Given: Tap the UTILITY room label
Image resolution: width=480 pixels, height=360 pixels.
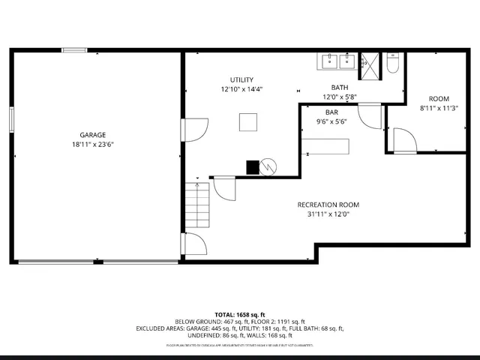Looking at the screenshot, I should point(241,79).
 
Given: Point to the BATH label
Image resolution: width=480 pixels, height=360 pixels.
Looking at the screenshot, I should point(340,87).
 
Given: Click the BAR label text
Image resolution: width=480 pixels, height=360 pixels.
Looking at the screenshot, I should point(331,112).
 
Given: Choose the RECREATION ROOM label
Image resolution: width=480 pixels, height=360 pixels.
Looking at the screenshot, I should point(328,205).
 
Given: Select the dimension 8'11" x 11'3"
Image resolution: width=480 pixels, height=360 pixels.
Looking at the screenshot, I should point(438,108).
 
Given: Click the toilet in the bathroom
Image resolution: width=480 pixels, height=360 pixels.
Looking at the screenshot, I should point(392,63).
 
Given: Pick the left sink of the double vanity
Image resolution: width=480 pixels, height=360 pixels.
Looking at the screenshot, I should point(330,61).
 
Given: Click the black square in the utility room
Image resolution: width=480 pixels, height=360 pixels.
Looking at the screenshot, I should point(253,167).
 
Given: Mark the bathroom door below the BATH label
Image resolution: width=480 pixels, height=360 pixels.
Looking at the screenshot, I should point(369,115).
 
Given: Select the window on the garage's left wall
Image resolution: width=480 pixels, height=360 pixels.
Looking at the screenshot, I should point(11,120).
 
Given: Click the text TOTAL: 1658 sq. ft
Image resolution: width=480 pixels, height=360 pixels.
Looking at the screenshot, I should point(240,314).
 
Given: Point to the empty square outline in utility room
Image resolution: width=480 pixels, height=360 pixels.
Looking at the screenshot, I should point(247,121).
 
